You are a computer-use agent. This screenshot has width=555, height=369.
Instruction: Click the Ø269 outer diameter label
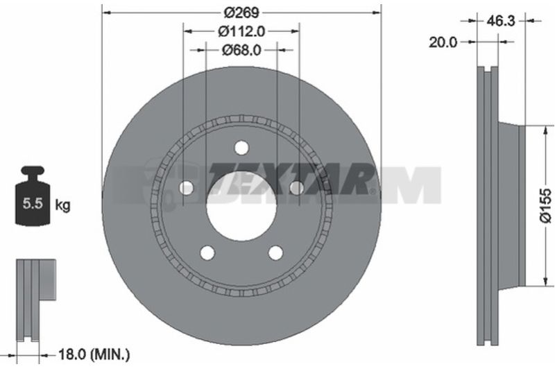[x=241, y=12]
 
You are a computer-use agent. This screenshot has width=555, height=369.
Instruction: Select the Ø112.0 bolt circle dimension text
[x=241, y=31]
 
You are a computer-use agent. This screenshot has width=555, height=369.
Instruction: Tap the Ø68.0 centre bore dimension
[x=241, y=50]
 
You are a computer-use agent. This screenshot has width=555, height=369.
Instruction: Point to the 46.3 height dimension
[x=500, y=21]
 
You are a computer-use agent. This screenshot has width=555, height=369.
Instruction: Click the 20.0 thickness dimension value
[x=443, y=42]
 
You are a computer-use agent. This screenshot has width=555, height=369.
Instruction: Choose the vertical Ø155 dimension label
[x=545, y=205]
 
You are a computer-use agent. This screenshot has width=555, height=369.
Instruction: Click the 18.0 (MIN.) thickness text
[x=94, y=354]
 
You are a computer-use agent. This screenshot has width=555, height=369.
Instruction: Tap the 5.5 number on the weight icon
[x=33, y=203]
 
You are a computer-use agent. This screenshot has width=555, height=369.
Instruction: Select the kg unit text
[x=62, y=205]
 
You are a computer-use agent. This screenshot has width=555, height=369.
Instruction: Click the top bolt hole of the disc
[x=241, y=148]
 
